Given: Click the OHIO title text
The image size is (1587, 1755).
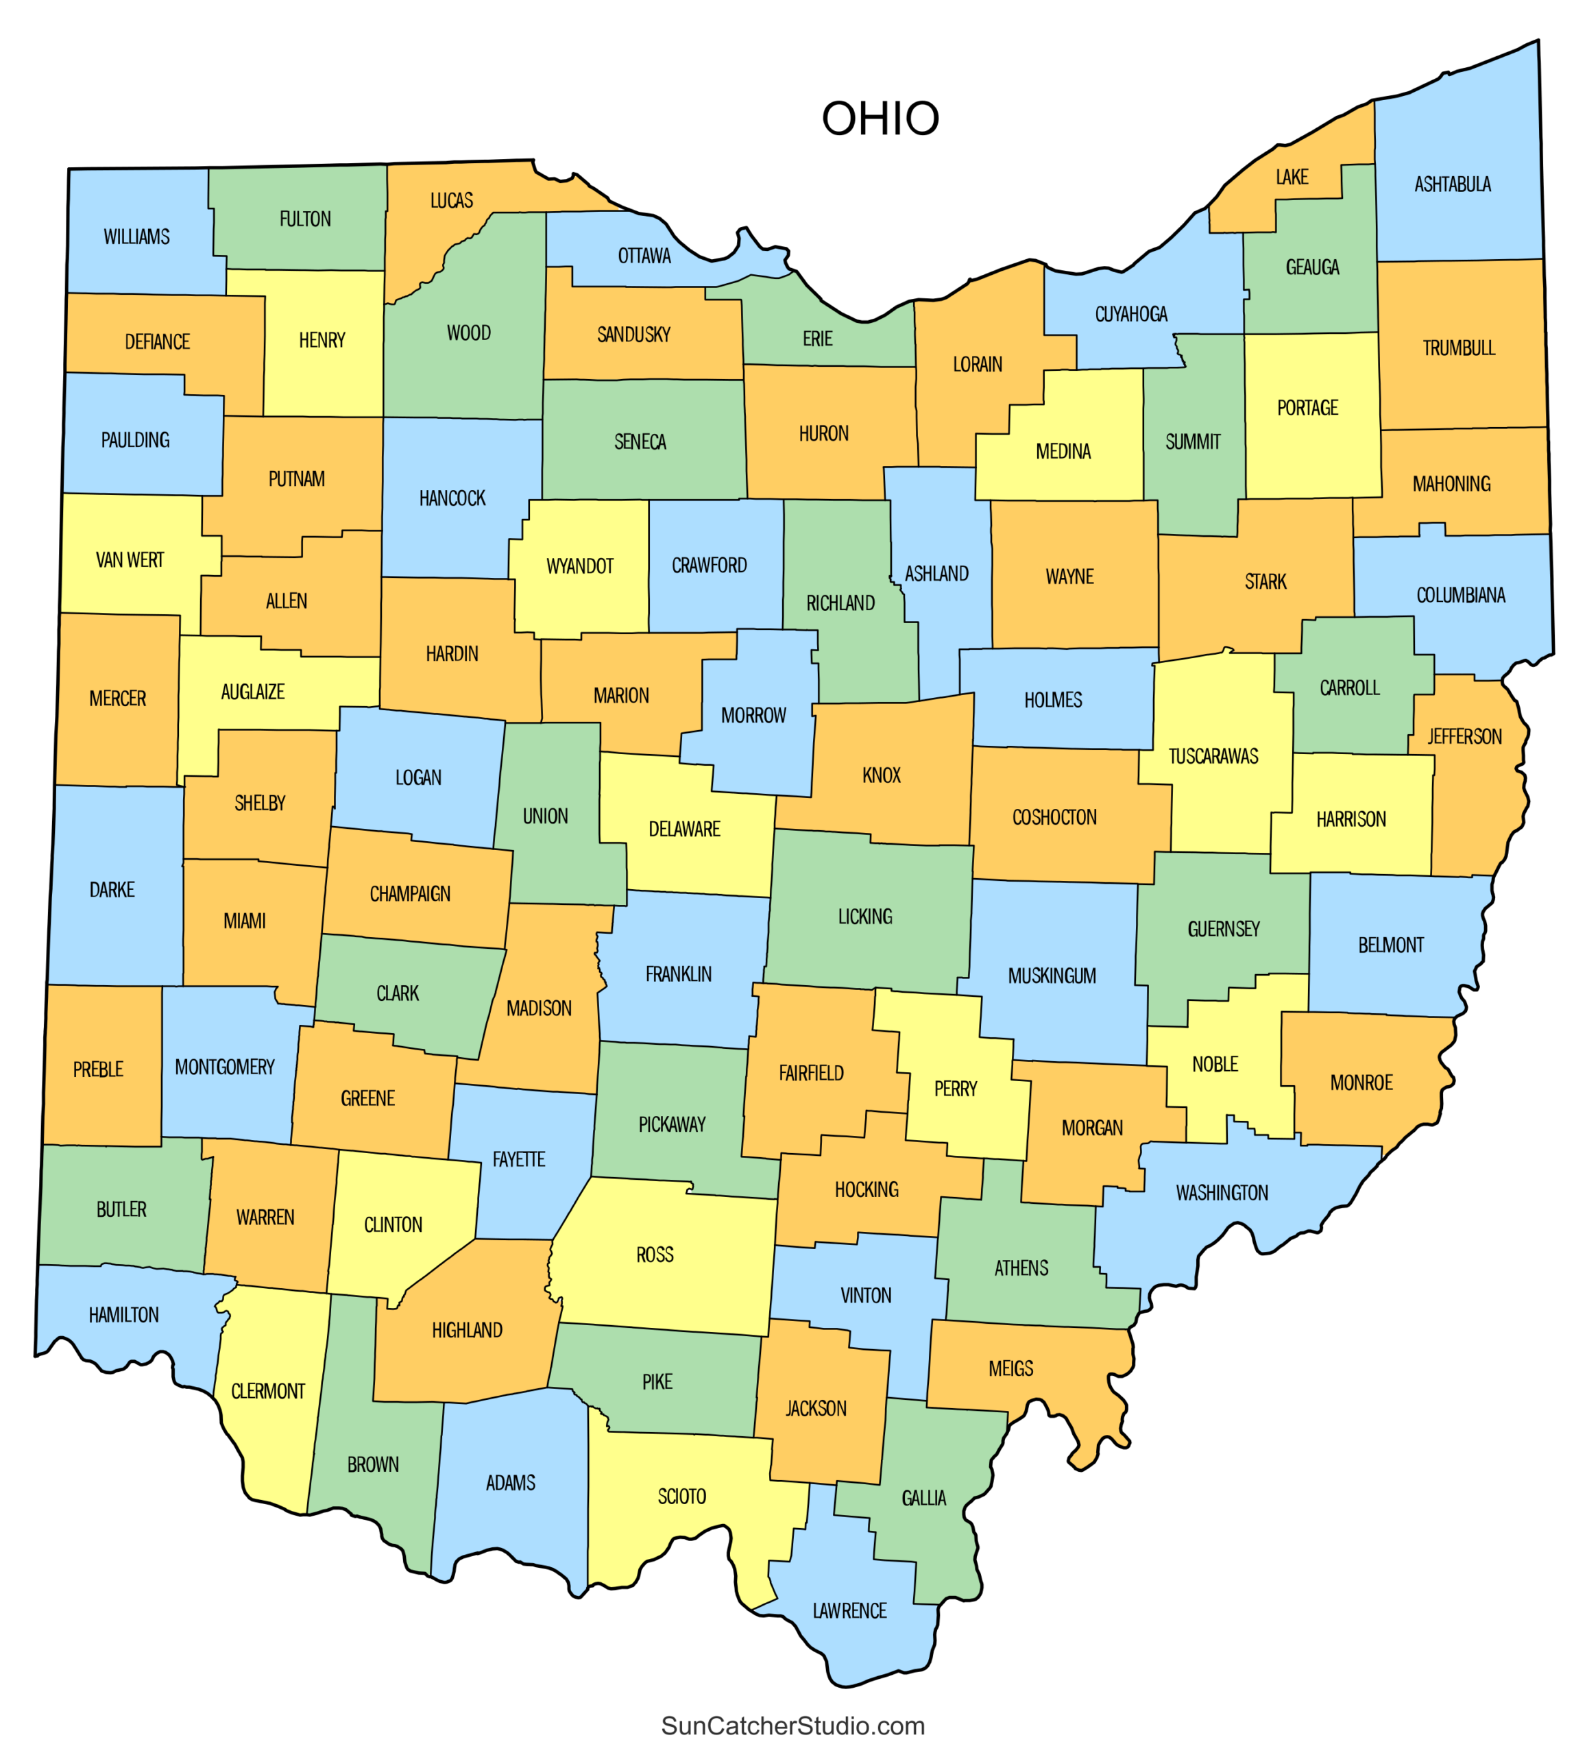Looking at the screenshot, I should tap(880, 119).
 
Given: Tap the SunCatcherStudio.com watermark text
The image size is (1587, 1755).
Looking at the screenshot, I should tap(792, 1726).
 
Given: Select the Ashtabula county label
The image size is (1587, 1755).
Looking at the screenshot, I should tap(1451, 184).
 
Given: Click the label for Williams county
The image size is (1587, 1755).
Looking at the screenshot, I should tap(136, 237).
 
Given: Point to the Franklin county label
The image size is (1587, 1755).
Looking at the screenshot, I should tap(678, 974).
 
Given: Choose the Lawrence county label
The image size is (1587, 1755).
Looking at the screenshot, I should tap(849, 1610).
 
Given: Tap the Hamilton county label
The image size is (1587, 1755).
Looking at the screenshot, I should tap(123, 1314).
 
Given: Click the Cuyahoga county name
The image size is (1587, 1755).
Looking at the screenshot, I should tap(1131, 314).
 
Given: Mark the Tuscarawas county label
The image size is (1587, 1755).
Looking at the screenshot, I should tap(1213, 755).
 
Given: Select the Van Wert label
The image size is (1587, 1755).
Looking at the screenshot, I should tap(130, 560).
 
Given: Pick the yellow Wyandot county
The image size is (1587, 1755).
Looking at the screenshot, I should tap(580, 566).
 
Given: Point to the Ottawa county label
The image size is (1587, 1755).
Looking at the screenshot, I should tap(644, 256).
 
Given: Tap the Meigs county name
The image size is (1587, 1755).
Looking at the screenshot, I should tap(1010, 1368).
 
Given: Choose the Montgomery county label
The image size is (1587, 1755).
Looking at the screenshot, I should tap(225, 1067).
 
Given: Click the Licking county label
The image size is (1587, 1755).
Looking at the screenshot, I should tap(864, 917).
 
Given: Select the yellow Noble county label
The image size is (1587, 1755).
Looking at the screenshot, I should tap(1214, 1064).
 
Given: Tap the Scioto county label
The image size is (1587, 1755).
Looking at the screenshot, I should tap(681, 1497).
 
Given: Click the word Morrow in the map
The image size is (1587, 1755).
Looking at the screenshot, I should tap(753, 716).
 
